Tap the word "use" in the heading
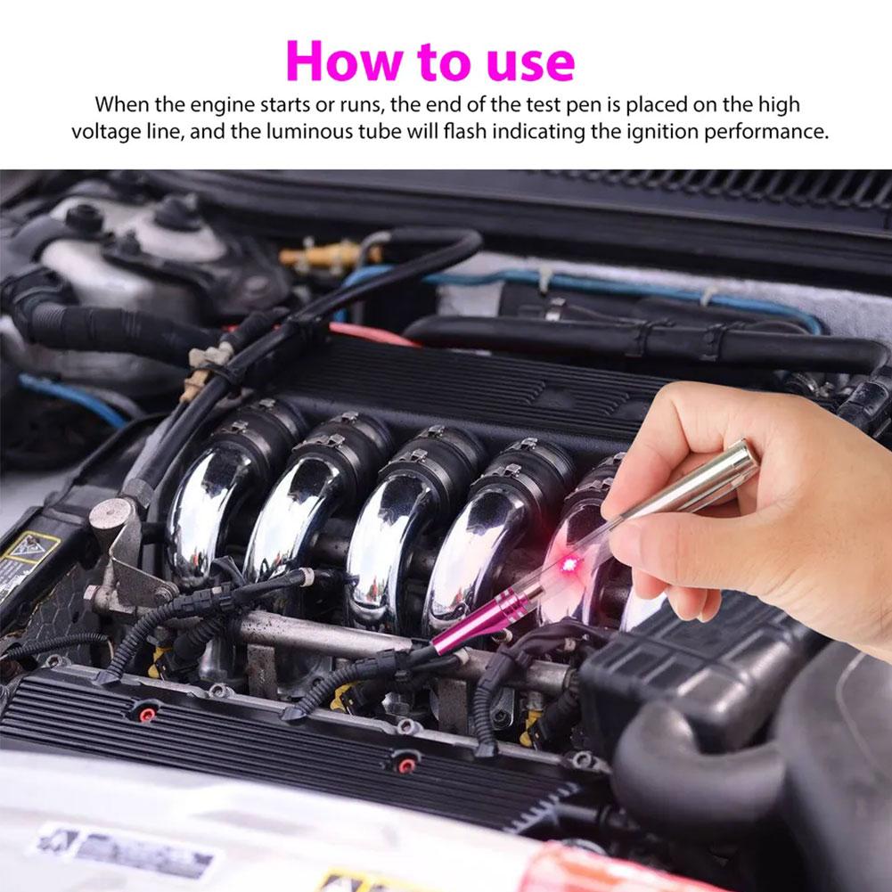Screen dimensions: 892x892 [x=527, y=62]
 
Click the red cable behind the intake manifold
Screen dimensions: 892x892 [x=374, y=335]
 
